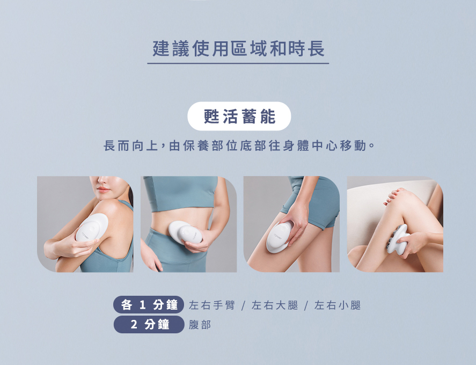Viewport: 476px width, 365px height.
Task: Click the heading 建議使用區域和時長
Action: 238,49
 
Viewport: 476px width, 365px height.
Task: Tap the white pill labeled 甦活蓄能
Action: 239,116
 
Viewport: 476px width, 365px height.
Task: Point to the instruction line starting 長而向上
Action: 239,146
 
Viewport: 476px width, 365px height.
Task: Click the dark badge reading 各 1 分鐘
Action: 149,304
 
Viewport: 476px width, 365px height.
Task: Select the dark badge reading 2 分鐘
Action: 149,324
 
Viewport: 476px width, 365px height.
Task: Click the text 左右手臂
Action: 212,305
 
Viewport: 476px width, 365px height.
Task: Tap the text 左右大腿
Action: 275,305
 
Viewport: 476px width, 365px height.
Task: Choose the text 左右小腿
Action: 338,305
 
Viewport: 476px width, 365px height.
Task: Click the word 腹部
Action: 200,325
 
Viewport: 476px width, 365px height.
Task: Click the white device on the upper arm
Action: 92,227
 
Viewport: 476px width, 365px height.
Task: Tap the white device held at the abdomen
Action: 186,232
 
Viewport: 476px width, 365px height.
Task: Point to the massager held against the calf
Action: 398,240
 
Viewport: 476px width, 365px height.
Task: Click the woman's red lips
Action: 104,190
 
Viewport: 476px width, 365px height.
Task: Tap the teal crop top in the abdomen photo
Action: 180,193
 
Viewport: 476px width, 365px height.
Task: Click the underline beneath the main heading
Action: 238,63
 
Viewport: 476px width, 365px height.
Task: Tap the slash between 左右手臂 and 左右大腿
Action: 243,306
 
